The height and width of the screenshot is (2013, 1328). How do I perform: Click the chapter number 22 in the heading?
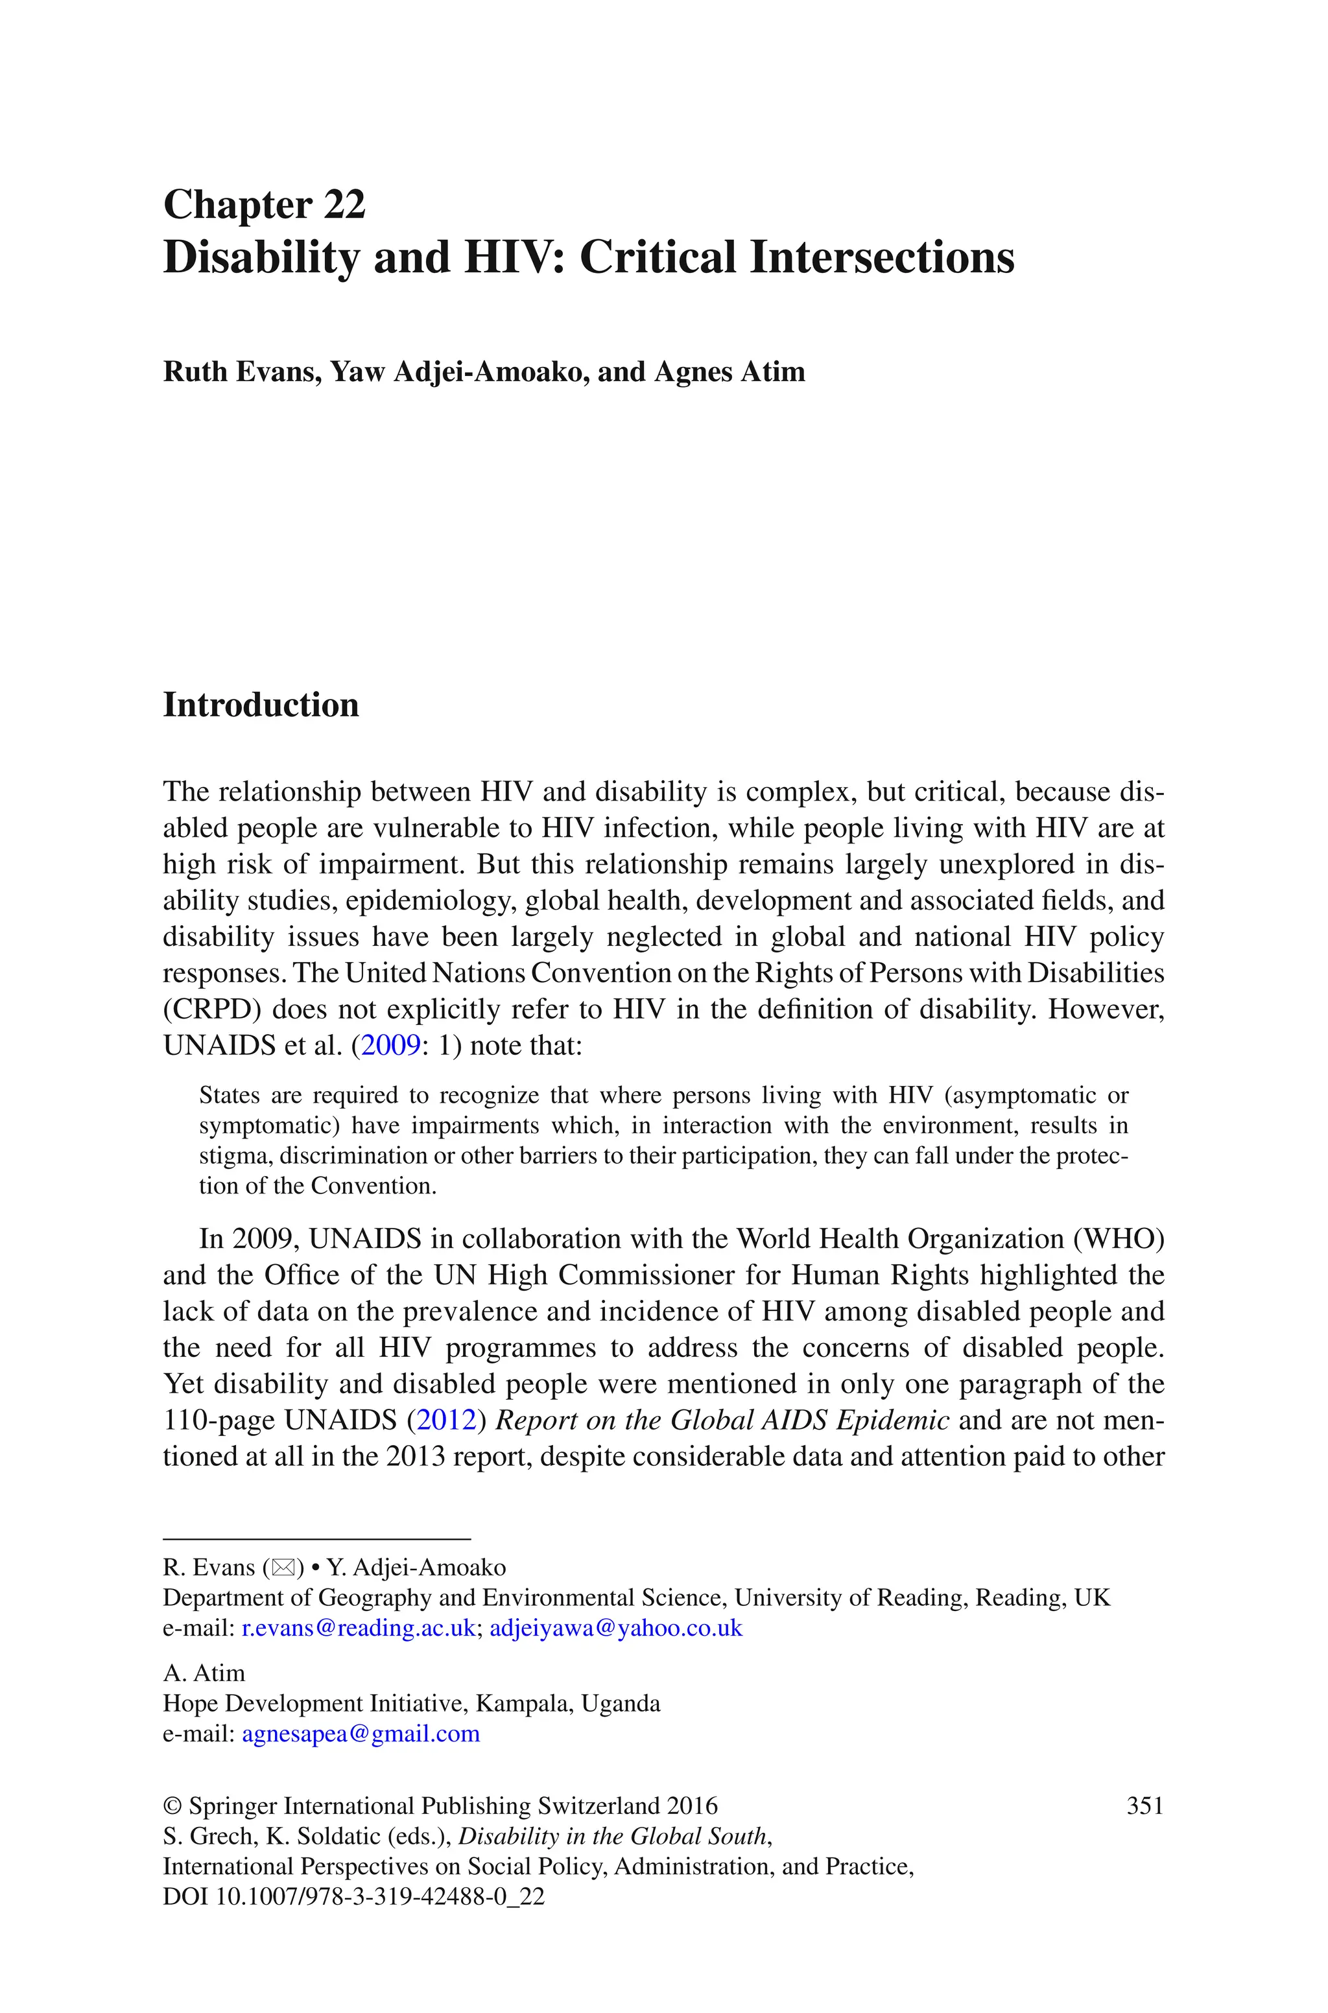[343, 205]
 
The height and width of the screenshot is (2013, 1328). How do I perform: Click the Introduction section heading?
[261, 704]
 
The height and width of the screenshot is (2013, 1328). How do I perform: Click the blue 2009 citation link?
[390, 1046]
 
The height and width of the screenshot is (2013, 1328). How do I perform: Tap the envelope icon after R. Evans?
[284, 1568]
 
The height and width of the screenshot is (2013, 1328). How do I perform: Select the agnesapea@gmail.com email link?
[361, 1734]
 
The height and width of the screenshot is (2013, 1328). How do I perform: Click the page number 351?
[1145, 1806]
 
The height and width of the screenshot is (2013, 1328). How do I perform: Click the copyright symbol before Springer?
[172, 1806]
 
